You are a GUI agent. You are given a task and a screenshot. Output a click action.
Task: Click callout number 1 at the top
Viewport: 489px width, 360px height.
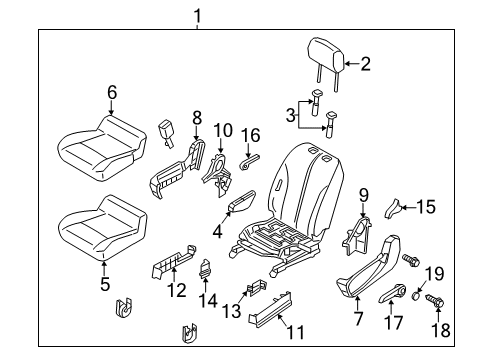coord(196,15)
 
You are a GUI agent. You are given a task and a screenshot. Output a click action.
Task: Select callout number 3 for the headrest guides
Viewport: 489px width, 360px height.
coord(291,116)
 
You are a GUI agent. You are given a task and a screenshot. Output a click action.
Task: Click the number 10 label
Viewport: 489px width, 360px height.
coord(223,129)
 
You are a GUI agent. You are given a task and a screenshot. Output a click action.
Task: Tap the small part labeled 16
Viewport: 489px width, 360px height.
coord(250,157)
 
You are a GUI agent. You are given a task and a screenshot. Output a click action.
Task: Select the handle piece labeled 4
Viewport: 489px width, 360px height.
coord(241,205)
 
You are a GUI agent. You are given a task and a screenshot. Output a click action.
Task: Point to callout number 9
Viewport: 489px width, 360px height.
coord(364,194)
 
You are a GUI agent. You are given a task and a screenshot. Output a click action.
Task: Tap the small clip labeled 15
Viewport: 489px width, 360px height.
coord(395,209)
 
